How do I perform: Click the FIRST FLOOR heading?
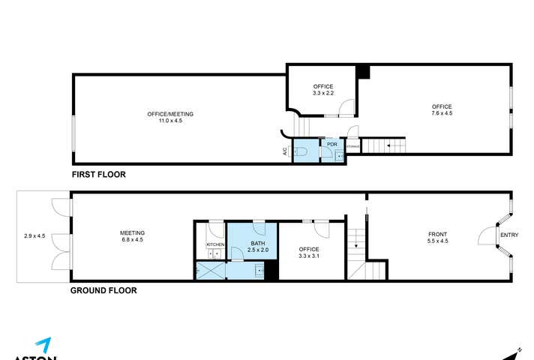[x=98, y=174]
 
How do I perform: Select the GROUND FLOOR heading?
[x=103, y=290]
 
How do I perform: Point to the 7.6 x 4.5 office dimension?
[x=442, y=113]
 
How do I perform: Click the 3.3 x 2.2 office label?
[x=322, y=93]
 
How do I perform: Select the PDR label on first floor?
[x=332, y=144]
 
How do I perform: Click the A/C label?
[x=285, y=151]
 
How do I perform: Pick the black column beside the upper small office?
[x=363, y=71]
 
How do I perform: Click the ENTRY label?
[x=509, y=236]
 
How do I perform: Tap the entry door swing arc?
[x=484, y=235]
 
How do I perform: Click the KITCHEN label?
[x=215, y=244]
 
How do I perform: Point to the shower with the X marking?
[x=210, y=269]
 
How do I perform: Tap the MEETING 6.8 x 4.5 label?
[x=133, y=236]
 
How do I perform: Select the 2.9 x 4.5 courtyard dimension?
[x=34, y=236]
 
